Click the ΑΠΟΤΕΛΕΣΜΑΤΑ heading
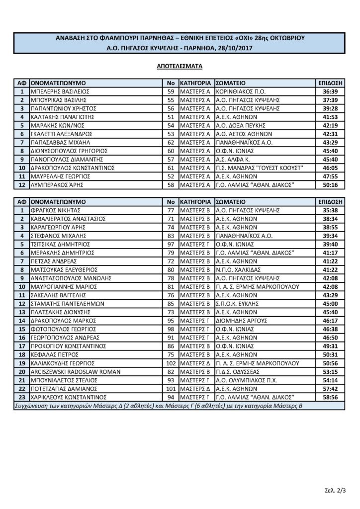tap(180, 65)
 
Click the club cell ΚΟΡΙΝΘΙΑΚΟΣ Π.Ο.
tap(241, 91)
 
